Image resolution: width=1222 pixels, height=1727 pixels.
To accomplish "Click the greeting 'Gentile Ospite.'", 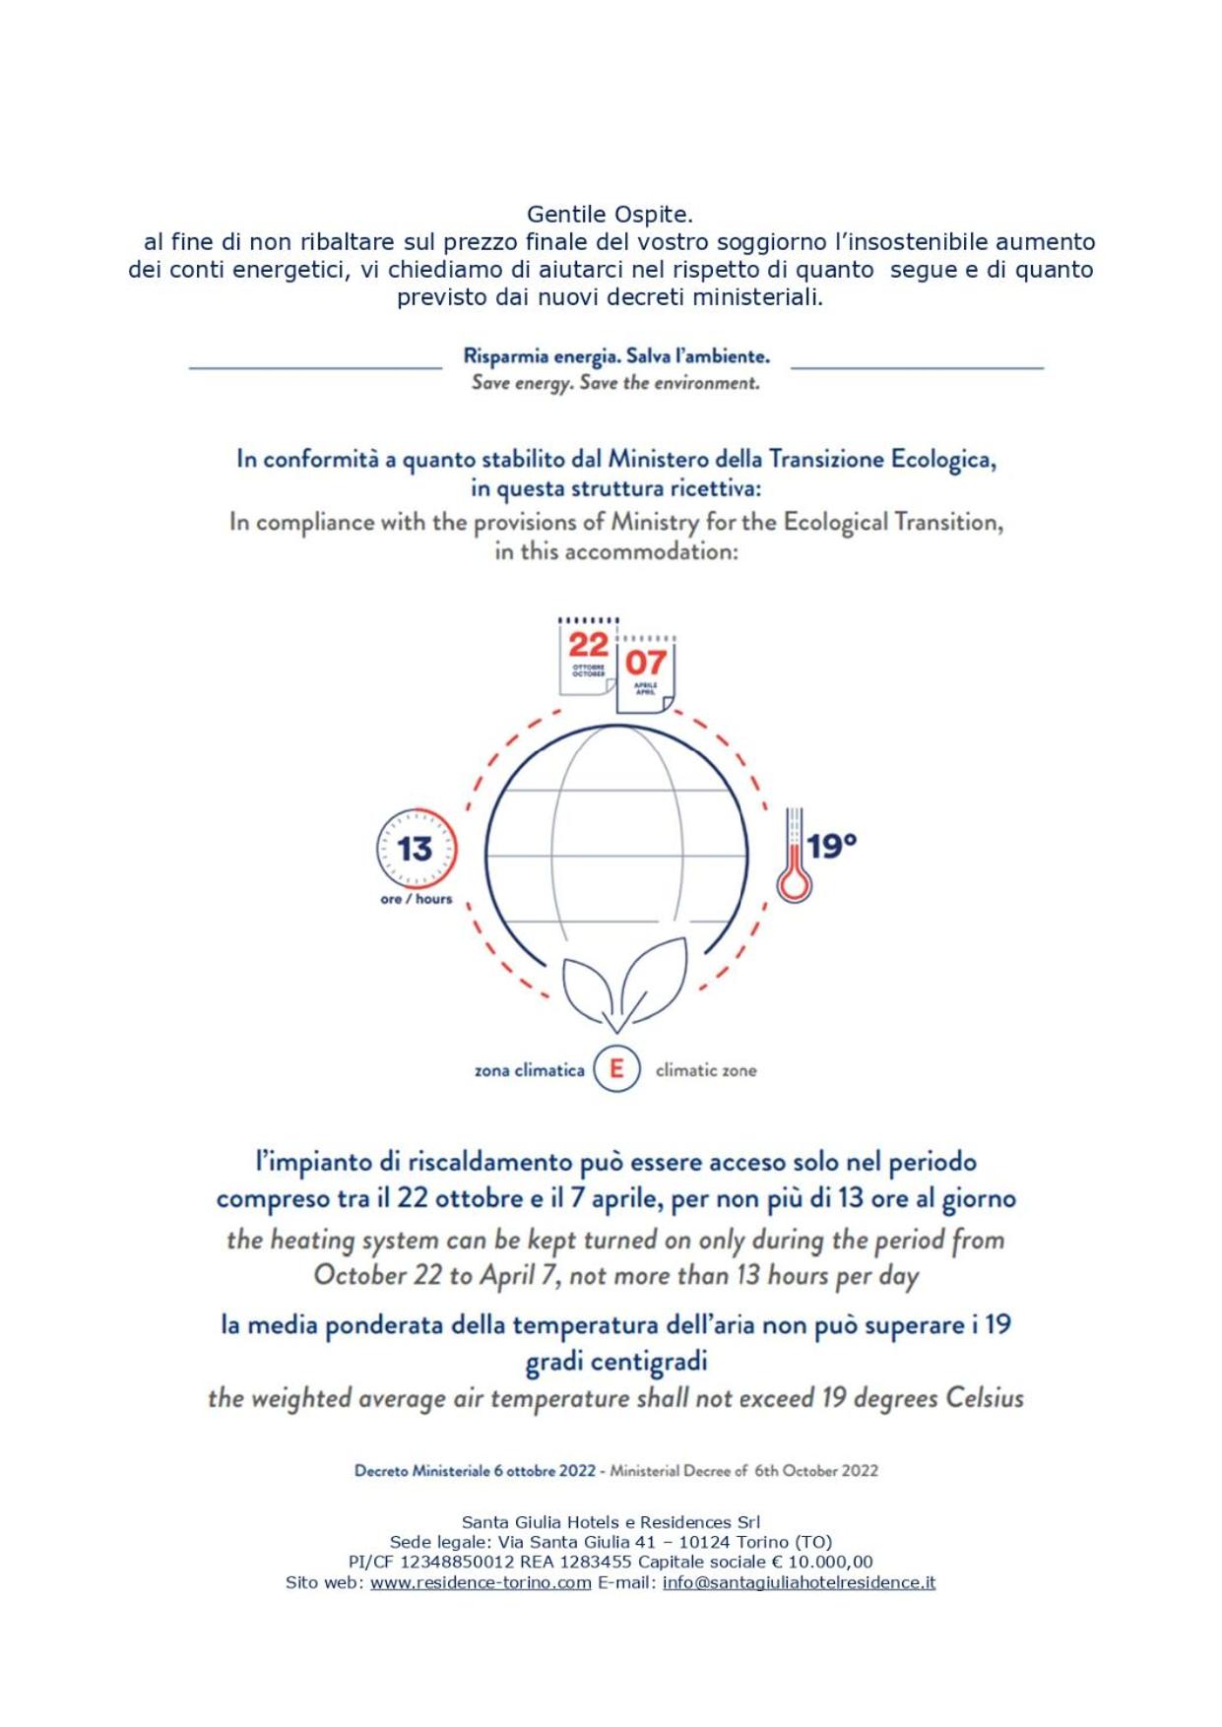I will tap(610, 214).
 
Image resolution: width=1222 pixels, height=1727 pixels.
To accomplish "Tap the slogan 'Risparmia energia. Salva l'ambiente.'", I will tap(616, 356).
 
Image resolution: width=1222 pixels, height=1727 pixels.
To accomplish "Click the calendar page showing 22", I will tap(588, 656).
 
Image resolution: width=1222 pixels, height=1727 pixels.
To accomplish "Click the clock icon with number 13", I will tap(417, 848).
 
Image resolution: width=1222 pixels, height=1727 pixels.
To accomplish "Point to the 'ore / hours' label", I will tap(416, 899).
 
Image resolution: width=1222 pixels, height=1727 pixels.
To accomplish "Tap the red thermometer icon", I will tap(794, 857).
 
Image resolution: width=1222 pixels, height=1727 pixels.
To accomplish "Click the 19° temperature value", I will tap(832, 846).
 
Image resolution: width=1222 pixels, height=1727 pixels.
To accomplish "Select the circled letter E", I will tap(616, 1068).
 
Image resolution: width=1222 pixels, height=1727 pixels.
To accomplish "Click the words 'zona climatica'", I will tap(529, 1070).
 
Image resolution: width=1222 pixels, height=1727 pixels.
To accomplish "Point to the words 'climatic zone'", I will tap(706, 1070).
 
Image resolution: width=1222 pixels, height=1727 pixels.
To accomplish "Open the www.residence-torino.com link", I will tap(481, 1583).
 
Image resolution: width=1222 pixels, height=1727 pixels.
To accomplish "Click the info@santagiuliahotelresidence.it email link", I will tap(799, 1583).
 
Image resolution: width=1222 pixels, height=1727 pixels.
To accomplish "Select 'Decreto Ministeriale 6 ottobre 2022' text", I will tap(475, 1471).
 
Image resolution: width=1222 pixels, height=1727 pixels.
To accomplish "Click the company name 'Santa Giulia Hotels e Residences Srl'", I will tap(611, 1522).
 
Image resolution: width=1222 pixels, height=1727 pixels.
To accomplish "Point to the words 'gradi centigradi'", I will tap(616, 1362).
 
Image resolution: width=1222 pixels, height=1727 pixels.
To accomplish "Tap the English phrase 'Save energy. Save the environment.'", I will tap(615, 383).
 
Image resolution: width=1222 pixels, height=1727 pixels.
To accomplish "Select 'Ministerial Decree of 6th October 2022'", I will tap(743, 1471).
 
